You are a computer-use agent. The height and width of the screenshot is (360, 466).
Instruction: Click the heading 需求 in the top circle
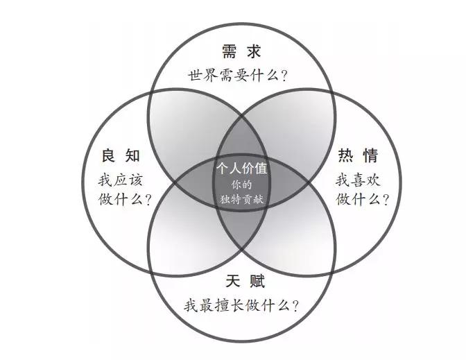coord(241,51)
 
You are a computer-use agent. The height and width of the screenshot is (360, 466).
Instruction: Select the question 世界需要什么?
coord(238,76)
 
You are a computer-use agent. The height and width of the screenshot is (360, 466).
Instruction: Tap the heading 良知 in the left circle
coord(121,155)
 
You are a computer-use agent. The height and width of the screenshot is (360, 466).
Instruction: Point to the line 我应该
coord(121,180)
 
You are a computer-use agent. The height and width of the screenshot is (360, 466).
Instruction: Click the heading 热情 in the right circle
coord(358,155)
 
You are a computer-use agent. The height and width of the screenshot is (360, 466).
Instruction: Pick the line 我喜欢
coord(358,180)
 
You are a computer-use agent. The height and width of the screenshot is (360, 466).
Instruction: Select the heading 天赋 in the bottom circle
coord(245,281)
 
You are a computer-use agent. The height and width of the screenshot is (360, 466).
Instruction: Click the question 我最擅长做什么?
coord(241,305)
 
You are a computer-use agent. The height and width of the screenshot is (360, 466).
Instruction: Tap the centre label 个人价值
coord(242,168)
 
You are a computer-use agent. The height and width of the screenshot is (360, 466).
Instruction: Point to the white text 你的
coord(241,185)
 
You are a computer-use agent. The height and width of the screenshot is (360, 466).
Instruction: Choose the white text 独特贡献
coord(241,199)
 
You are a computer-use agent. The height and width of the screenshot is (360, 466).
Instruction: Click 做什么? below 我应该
coord(125,199)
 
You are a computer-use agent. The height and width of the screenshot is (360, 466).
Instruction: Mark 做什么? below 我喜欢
coord(362,199)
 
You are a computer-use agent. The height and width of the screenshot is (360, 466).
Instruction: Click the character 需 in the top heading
coord(230,51)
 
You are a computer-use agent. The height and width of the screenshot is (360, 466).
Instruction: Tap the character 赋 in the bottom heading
coord(257,281)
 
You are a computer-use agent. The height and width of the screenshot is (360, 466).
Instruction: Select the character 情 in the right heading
coord(370,155)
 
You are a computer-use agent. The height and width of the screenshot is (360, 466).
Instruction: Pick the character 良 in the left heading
coord(109,155)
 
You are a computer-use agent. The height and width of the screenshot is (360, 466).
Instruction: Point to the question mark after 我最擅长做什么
coord(295,306)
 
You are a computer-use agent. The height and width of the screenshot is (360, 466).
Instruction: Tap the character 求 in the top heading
coord(254,51)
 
